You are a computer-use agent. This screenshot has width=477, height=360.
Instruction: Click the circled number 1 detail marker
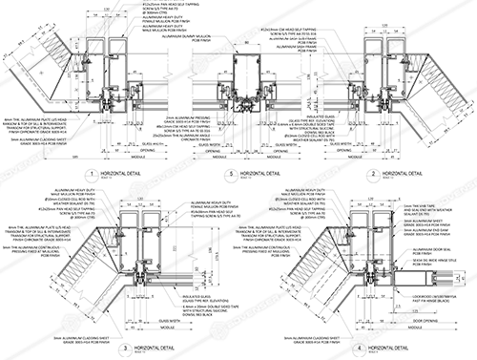[86, 175]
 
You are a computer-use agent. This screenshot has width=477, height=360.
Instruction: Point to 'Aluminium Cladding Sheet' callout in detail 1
[48, 139]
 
